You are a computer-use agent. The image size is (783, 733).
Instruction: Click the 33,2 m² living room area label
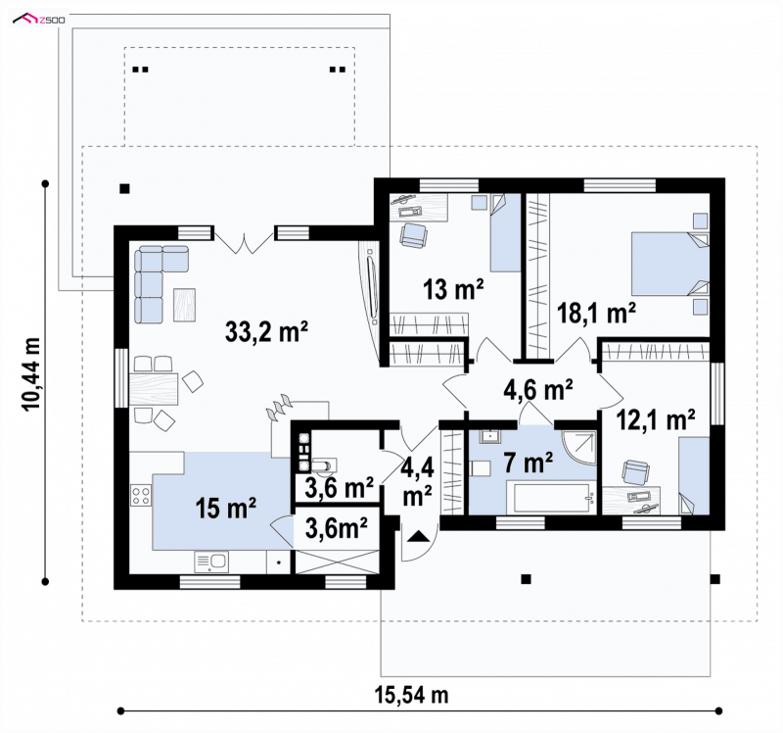point(266,331)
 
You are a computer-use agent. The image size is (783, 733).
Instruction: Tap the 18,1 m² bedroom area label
point(596,313)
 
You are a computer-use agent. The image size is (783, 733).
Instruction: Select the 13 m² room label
point(453,289)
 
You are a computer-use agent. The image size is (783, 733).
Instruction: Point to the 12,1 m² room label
point(656,419)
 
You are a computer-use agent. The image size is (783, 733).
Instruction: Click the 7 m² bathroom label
point(528,463)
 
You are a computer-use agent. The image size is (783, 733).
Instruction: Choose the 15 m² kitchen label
point(226,508)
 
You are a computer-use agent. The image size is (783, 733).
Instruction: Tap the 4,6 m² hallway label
point(537,389)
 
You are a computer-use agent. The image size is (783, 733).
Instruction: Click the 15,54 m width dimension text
point(411,695)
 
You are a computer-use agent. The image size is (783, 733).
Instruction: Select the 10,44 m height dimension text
point(31,374)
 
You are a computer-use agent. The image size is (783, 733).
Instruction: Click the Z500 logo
point(39,20)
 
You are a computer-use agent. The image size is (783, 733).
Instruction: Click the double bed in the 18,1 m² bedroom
point(669,263)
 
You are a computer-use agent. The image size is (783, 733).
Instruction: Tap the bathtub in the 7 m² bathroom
point(551,497)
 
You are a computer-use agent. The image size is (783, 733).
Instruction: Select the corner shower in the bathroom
point(578,448)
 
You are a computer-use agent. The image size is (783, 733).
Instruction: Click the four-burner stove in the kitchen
point(141,495)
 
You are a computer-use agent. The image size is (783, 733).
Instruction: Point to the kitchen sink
point(211,562)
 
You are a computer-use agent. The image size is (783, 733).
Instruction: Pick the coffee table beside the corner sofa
point(184,305)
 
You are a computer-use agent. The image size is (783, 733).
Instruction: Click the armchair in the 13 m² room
point(413,234)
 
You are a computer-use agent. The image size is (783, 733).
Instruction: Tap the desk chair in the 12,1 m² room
point(636,472)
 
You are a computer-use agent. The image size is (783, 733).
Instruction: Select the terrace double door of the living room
point(244,241)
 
